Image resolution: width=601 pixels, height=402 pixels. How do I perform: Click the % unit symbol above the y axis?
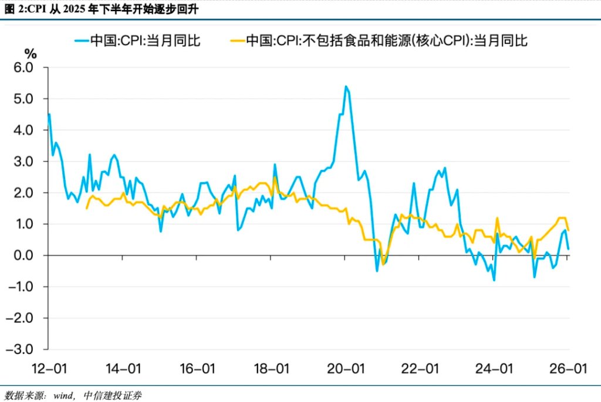31,54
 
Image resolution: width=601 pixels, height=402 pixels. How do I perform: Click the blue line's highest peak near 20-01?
346,87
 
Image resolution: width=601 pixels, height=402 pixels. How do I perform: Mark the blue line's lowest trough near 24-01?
494,280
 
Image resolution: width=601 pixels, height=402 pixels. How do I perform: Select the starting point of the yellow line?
87,208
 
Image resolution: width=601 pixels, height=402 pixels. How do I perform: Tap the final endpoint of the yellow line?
569,230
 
